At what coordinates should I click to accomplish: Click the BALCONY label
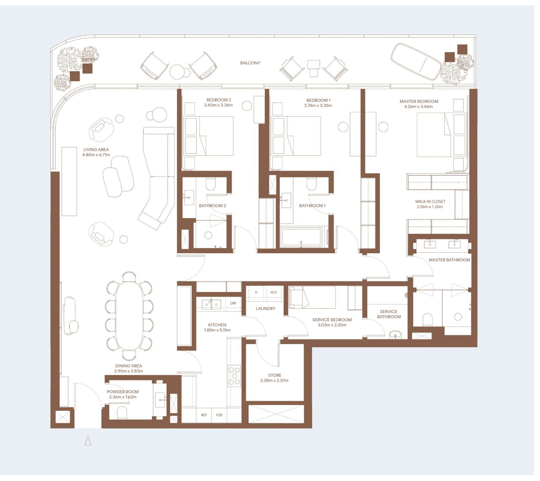250,63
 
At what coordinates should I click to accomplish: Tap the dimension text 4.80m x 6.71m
96,155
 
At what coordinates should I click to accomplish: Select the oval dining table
129,316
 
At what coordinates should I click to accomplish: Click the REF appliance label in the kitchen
204,415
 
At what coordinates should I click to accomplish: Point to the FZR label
219,415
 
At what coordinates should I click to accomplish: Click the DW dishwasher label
233,303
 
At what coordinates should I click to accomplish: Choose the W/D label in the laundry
273,292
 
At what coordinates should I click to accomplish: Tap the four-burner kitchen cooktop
234,376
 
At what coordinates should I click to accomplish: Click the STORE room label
275,375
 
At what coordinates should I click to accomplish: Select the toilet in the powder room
122,413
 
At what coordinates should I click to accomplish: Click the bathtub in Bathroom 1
301,237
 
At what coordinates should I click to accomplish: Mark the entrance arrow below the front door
88,441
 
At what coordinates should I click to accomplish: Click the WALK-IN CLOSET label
430,202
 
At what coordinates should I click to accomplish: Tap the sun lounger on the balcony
415,61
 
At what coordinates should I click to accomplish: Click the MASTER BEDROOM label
419,102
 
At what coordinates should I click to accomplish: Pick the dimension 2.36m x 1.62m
123,397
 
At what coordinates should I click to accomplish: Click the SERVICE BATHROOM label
389,314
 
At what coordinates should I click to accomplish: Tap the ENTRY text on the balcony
88,60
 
